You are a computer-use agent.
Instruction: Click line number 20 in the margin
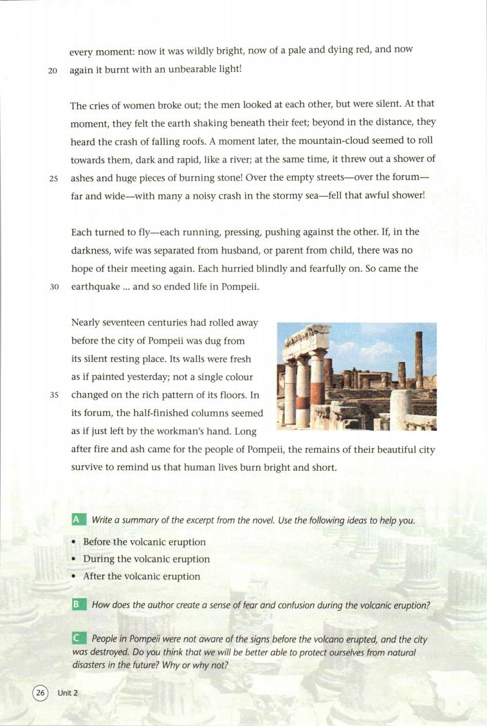[x=53, y=71]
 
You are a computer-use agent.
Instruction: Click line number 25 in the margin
[x=53, y=179]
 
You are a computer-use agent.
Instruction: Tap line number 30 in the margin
[x=53, y=287]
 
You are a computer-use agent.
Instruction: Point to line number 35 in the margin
[x=53, y=395]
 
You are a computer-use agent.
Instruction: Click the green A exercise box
[x=78, y=520]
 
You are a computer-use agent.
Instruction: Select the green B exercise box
[x=78, y=605]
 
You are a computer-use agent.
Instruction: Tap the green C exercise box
[x=78, y=639]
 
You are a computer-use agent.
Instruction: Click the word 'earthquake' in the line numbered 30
[x=95, y=287]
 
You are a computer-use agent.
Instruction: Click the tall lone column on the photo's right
[x=419, y=359]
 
